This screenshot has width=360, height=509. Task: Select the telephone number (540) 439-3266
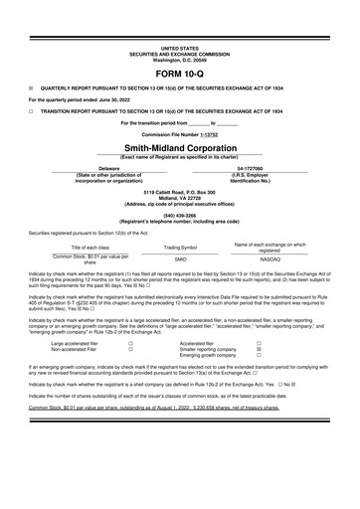[180, 214]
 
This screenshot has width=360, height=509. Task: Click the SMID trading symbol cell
[180, 257]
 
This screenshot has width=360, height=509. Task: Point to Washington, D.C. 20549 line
[180, 58]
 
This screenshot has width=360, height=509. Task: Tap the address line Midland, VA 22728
[180, 196]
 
